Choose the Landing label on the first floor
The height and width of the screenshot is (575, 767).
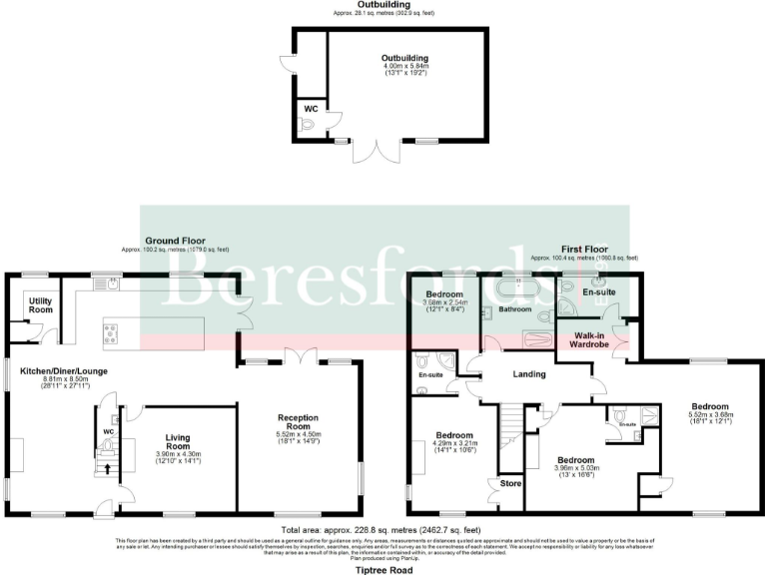(529, 374)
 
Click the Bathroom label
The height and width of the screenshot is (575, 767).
(515, 309)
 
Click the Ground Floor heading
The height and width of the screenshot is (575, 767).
(175, 241)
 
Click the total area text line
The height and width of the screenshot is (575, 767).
(383, 528)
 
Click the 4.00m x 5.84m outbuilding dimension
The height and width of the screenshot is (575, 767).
(396, 66)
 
